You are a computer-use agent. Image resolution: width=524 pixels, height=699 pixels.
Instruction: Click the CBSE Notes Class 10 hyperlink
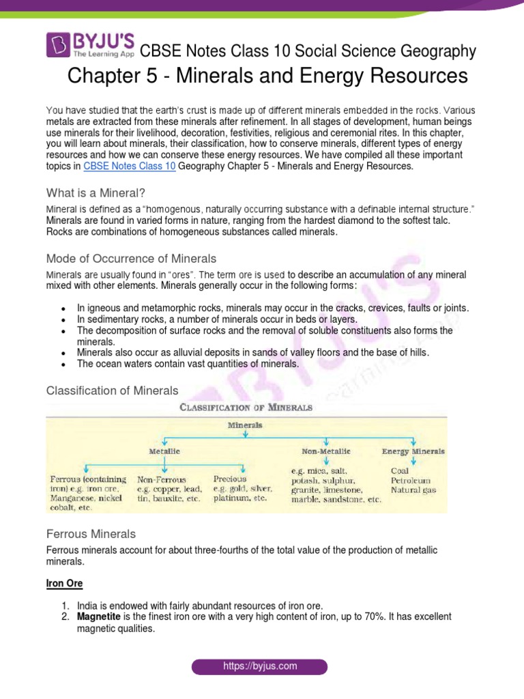(130, 166)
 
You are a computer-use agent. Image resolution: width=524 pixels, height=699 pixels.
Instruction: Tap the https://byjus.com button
(259, 666)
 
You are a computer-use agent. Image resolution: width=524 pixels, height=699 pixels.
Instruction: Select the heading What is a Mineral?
(96, 192)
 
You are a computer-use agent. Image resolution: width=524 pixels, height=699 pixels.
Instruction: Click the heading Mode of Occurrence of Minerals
(131, 259)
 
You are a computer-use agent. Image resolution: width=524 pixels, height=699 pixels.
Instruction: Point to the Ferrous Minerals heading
(91, 533)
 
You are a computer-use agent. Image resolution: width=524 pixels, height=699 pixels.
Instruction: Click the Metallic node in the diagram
(165, 451)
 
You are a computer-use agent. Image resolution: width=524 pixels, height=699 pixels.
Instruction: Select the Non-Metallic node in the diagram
(326, 451)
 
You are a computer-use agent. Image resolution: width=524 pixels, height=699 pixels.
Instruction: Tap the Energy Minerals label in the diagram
(413, 451)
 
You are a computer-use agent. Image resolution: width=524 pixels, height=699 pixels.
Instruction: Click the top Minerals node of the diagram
(245, 425)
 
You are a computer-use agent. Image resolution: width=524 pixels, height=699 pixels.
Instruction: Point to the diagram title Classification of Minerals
(246, 408)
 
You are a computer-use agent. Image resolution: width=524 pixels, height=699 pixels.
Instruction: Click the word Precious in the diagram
(230, 479)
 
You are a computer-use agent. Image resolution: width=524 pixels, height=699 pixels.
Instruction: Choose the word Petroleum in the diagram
(411, 481)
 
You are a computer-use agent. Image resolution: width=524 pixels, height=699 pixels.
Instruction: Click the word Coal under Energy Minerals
(400, 470)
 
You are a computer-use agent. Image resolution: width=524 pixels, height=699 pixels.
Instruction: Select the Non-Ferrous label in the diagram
(162, 480)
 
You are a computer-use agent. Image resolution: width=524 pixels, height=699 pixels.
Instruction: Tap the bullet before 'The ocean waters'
(63, 365)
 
